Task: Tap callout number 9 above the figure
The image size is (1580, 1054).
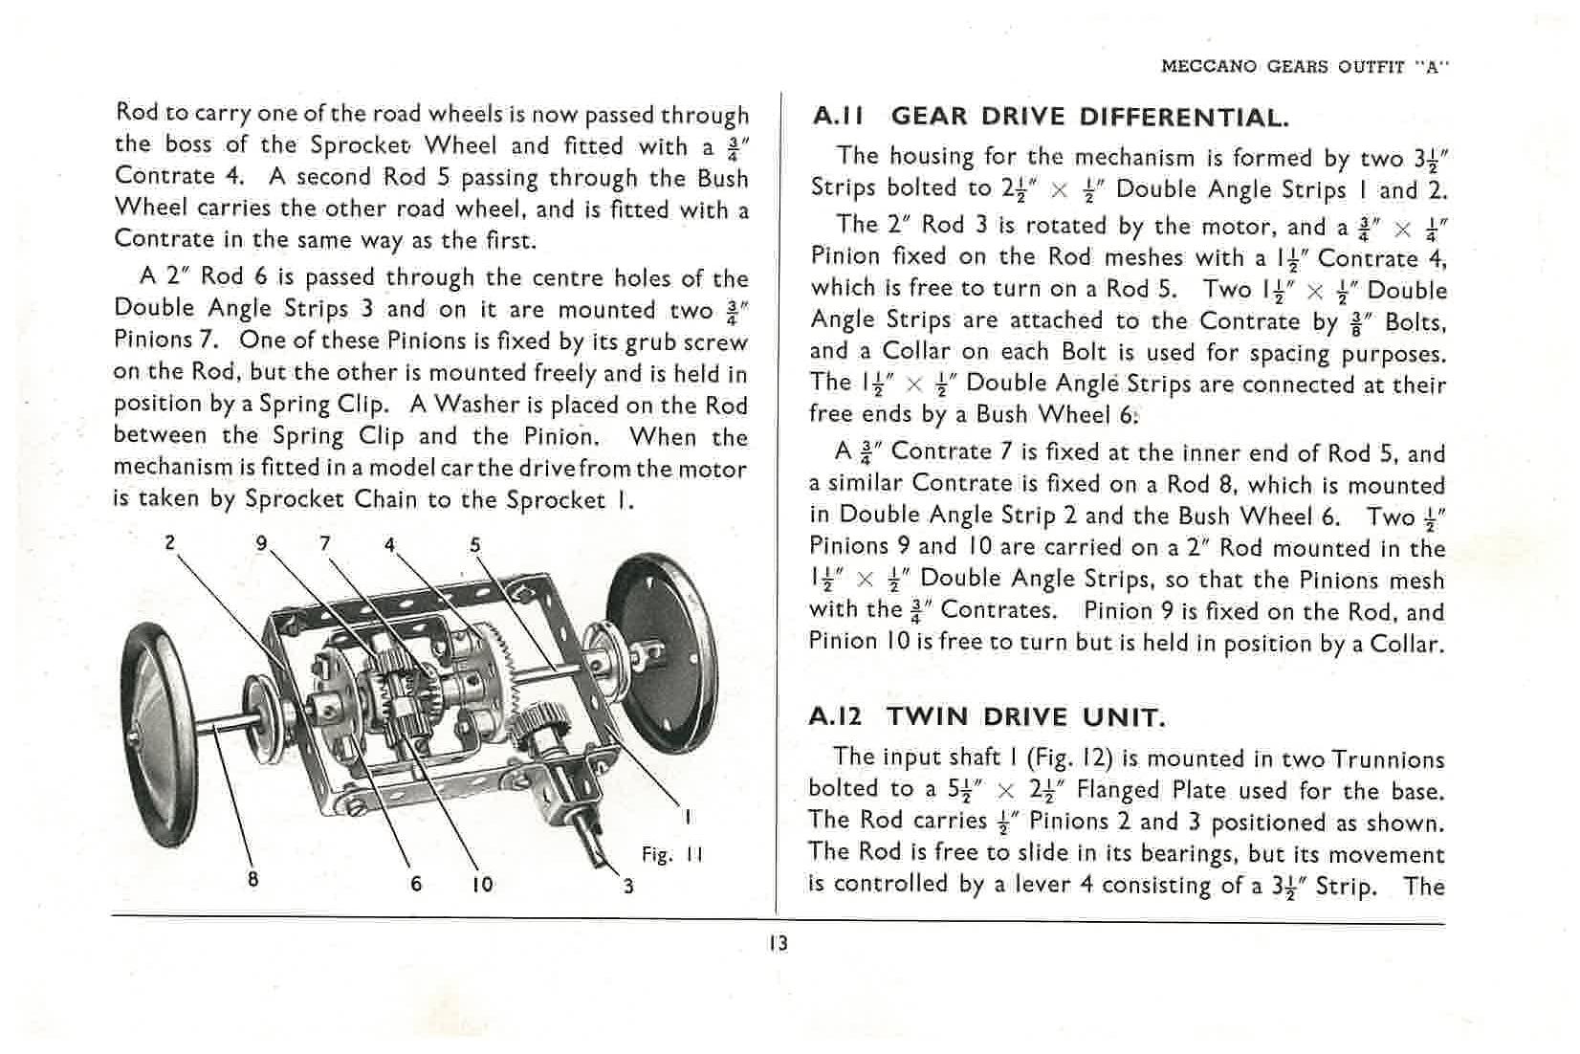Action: pos(261,543)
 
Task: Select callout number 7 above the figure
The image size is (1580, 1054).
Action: pos(325,543)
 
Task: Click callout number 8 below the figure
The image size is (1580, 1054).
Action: pos(252,879)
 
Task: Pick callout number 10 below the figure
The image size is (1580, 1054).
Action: pos(482,885)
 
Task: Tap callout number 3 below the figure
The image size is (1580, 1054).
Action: pos(628,886)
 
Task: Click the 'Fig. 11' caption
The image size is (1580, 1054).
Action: pos(671,854)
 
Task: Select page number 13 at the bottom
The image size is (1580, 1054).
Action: pos(779,943)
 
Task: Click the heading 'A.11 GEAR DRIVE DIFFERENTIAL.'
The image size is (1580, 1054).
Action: pos(1049,118)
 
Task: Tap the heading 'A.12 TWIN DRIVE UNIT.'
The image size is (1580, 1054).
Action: pos(986,717)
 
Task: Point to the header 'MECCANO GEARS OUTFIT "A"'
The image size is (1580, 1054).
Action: pos(1305,67)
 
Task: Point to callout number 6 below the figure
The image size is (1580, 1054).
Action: pos(416,885)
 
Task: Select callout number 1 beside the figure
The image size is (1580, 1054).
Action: pos(687,818)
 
